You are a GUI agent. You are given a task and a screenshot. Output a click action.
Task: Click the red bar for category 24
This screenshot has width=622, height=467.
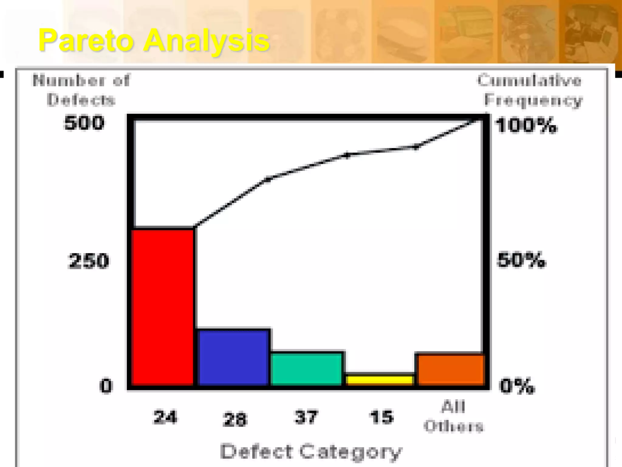pyautogui.click(x=163, y=307)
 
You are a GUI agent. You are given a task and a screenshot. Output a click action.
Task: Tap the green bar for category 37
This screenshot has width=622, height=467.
pyautogui.click(x=306, y=369)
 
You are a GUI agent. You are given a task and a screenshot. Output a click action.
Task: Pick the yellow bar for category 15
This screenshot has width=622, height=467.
pyautogui.click(x=380, y=380)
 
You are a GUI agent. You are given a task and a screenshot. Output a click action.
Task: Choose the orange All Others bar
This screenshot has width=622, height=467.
pyautogui.click(x=451, y=369)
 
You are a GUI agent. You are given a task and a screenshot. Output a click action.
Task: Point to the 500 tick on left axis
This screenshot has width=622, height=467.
pyautogui.click(x=84, y=123)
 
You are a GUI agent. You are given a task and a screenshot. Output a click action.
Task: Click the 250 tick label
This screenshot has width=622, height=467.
pyautogui.click(x=88, y=261)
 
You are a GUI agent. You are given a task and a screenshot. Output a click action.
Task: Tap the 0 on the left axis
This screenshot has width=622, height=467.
pyautogui.click(x=106, y=386)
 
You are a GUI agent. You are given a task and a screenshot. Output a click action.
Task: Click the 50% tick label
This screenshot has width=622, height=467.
pyautogui.click(x=521, y=260)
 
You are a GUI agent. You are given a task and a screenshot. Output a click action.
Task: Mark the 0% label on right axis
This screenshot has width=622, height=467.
pyautogui.click(x=517, y=386)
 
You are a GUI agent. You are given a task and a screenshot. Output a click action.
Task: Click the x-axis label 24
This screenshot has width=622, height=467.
pyautogui.click(x=165, y=417)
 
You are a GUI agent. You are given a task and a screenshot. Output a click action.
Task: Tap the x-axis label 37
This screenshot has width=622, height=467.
pyautogui.click(x=306, y=417)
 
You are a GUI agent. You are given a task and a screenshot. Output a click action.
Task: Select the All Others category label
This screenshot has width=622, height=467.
pyautogui.click(x=453, y=416)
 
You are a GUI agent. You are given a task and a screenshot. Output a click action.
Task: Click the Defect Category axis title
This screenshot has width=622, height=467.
pyautogui.click(x=311, y=452)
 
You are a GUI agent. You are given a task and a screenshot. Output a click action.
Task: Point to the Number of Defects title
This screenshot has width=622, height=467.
pyautogui.click(x=81, y=90)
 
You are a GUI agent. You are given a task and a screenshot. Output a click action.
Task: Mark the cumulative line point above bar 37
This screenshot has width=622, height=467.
pyautogui.click(x=347, y=155)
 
